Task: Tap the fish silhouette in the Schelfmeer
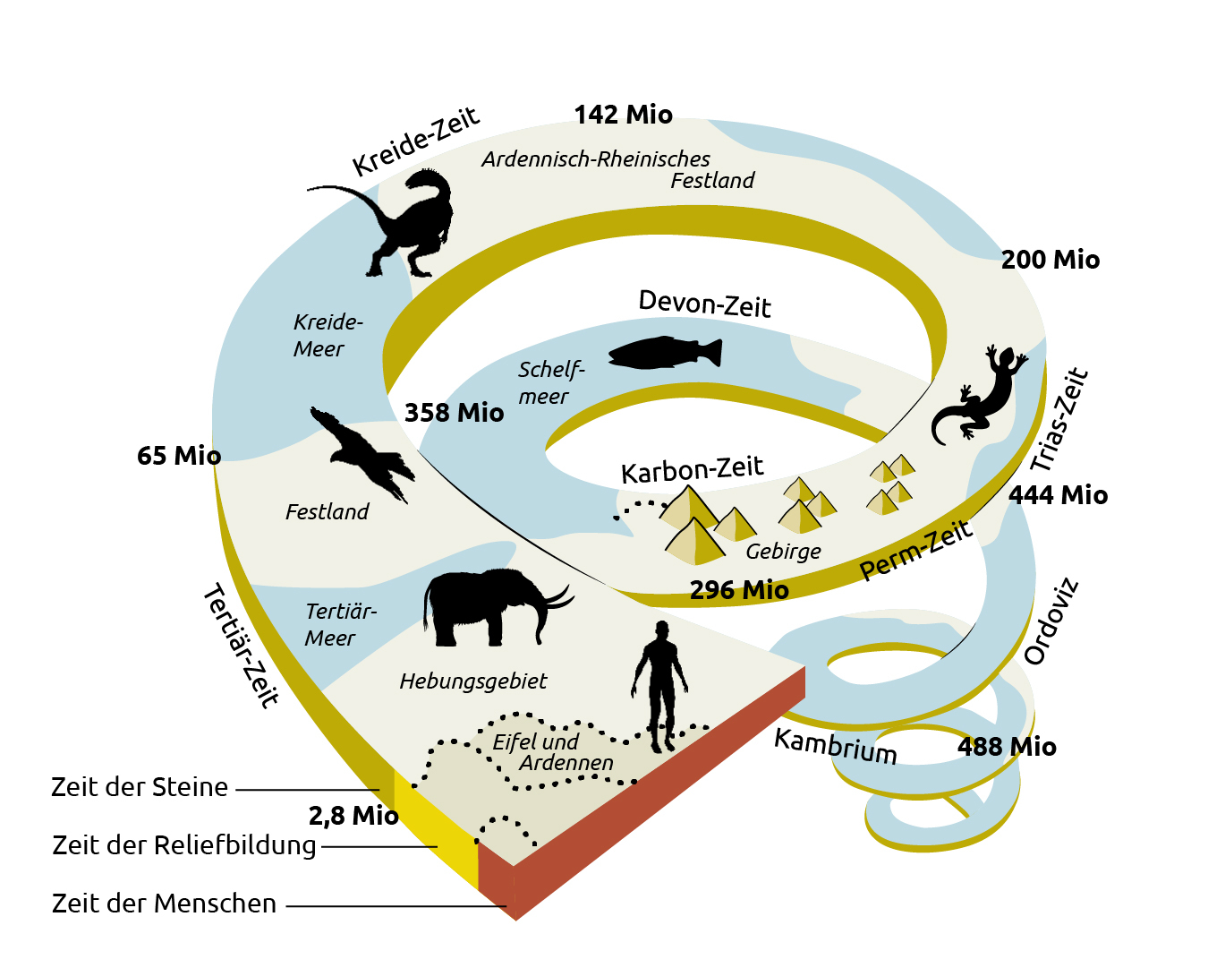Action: [665, 353]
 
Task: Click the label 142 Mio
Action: [624, 115]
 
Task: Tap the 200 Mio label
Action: [1051, 260]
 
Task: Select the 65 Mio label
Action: [179, 456]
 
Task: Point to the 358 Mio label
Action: [455, 413]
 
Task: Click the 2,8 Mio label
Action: [353, 816]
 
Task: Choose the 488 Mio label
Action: [1007, 746]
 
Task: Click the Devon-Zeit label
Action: [705, 304]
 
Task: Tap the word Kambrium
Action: [835, 746]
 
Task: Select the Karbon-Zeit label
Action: [693, 469]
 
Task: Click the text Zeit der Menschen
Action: [164, 904]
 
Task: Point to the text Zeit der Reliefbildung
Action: [183, 845]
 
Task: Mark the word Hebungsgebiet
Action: [473, 681]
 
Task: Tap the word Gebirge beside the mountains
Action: [783, 552]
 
